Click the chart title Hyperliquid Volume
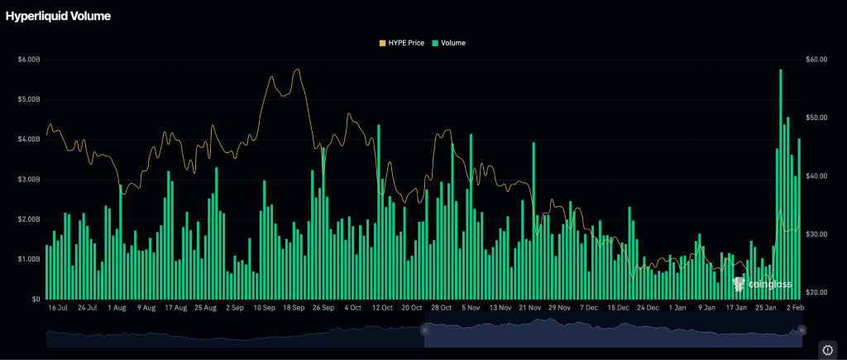(x=58, y=16)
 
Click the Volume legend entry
(x=448, y=42)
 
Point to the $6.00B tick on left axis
(x=29, y=60)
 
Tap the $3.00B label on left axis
(x=29, y=180)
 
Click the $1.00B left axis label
(x=29, y=259)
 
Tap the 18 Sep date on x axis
(x=294, y=308)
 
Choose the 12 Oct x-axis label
(x=383, y=308)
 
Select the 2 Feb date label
(x=796, y=308)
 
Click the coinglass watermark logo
(x=763, y=284)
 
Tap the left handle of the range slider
(x=425, y=330)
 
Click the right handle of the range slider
(x=801, y=330)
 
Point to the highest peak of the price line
(x=297, y=70)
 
